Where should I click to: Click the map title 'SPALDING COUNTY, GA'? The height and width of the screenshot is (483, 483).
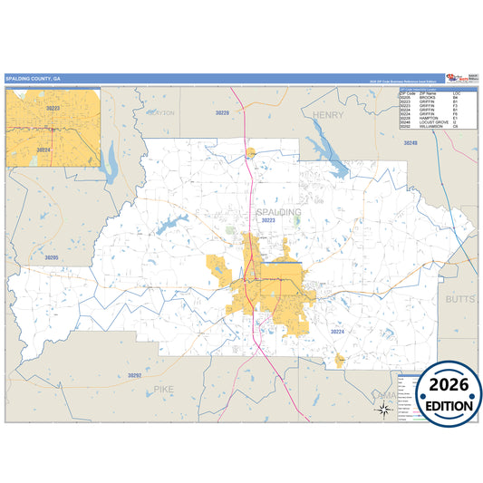click(34, 79)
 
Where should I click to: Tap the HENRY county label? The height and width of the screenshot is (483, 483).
click(329, 115)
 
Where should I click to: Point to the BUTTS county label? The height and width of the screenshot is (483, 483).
click(459, 298)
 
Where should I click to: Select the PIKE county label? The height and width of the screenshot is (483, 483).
click(163, 388)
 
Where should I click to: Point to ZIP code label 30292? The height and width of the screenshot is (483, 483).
click(134, 374)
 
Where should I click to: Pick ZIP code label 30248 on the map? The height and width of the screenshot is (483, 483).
click(411, 143)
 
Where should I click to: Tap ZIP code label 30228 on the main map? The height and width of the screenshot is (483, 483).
click(222, 112)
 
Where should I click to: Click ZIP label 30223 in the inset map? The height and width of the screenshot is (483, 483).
click(53, 108)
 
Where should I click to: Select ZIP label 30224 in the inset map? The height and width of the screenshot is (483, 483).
click(43, 149)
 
